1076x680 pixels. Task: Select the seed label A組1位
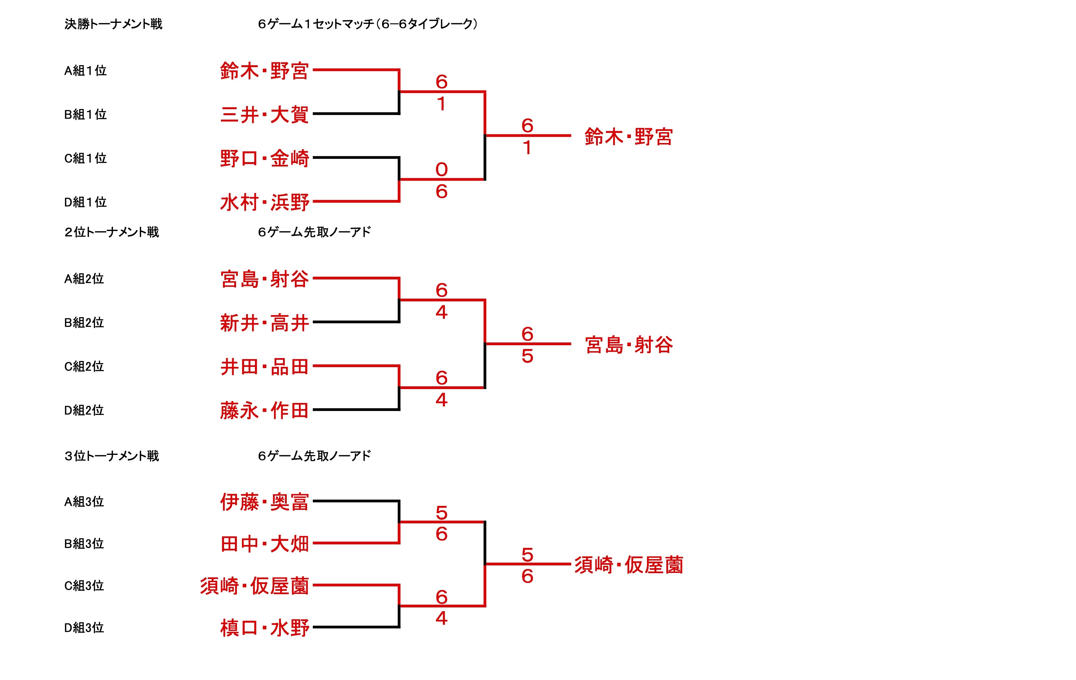(85, 71)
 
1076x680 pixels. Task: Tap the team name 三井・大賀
(264, 115)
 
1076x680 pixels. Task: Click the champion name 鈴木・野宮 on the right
(628, 137)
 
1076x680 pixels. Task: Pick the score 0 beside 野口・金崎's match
(441, 170)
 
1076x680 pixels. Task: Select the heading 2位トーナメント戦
(112, 232)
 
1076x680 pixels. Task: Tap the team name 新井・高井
(264, 323)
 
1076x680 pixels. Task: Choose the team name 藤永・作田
(264, 411)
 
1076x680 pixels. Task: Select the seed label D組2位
(84, 410)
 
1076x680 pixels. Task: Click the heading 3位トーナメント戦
(112, 456)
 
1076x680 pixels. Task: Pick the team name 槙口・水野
(264, 628)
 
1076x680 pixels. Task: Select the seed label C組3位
(84, 586)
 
